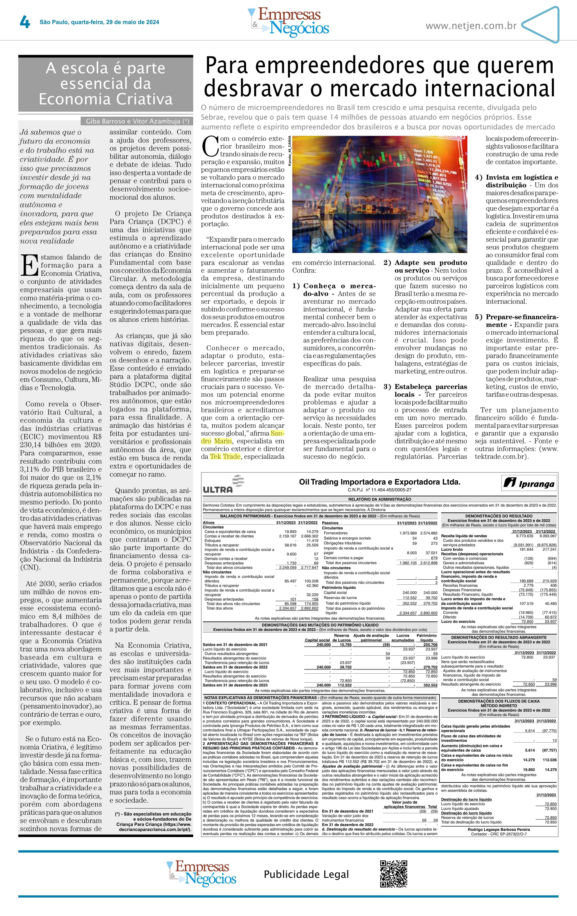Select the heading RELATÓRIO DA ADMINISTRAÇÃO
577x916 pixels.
coord(380,499)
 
